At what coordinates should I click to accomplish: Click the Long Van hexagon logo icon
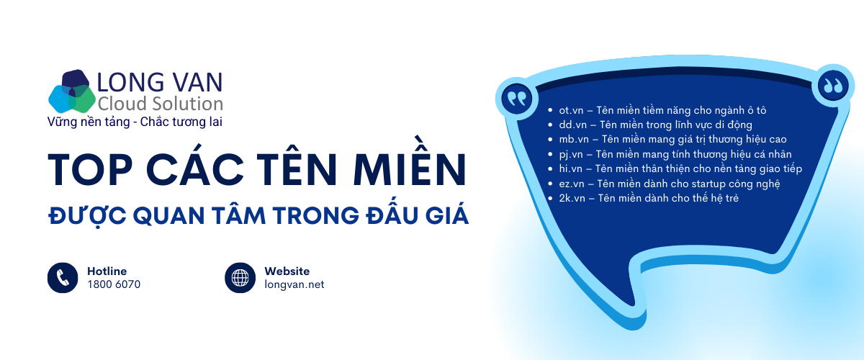[x=71, y=91]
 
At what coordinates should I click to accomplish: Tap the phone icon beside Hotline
[x=62, y=277]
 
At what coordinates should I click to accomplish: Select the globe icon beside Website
[x=240, y=277]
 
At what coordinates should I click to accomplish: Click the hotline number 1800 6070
[x=114, y=284]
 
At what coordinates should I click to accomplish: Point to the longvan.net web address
[x=294, y=284]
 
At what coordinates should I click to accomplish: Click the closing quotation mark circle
[x=832, y=86]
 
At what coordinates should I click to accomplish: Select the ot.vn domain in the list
[x=571, y=110]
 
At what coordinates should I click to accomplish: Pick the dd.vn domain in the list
[x=572, y=125]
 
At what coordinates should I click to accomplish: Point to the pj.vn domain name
[x=571, y=154]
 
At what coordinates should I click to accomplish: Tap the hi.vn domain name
[x=570, y=168]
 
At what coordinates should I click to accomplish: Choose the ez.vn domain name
[x=572, y=184]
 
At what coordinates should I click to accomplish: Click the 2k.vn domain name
[x=572, y=198]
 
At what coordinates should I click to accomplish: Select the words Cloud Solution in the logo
[x=160, y=103]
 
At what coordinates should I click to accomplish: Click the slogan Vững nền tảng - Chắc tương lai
[x=134, y=122]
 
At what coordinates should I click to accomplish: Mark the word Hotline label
[x=107, y=271]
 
